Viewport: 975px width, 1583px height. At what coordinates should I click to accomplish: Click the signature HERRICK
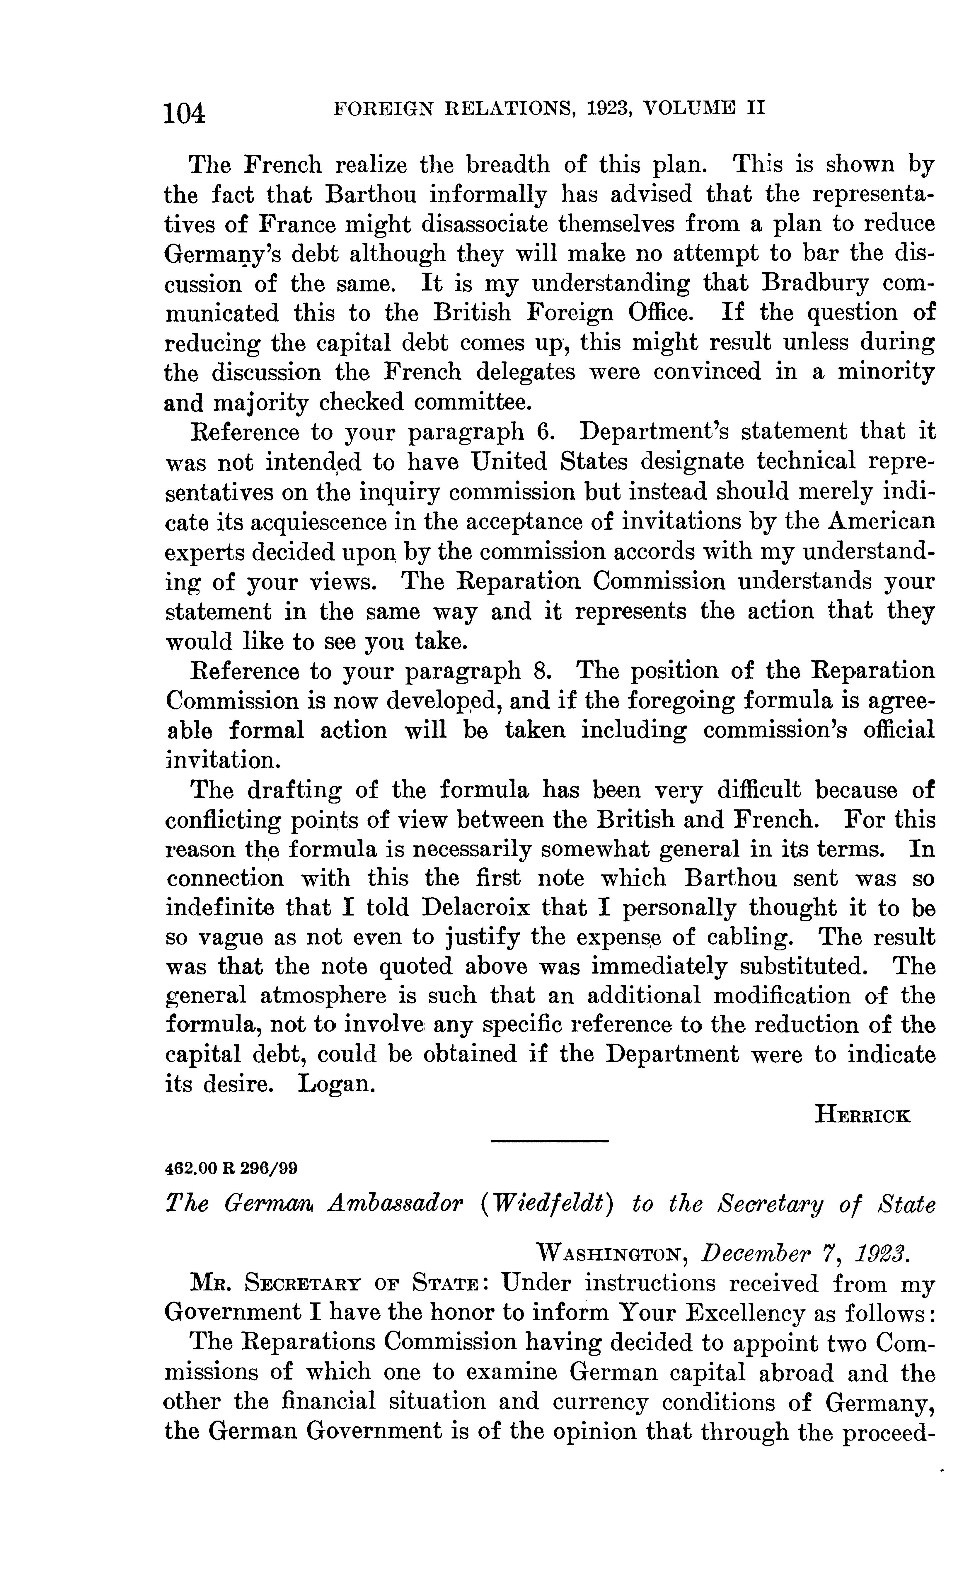coord(863,1114)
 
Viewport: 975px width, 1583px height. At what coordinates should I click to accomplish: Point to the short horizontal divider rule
coord(549,1142)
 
